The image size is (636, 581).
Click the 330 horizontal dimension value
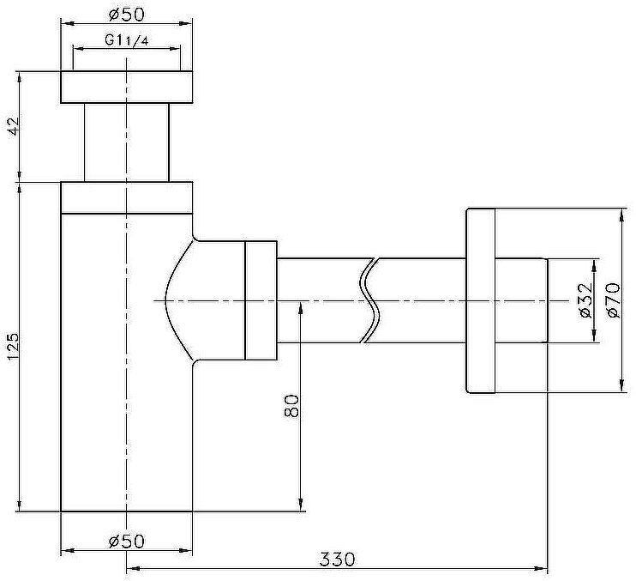(x=337, y=559)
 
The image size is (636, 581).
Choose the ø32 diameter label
(x=585, y=300)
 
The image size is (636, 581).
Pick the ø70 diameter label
(x=612, y=300)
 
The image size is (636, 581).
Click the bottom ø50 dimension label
(x=127, y=541)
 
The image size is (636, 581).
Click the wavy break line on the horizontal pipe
(x=370, y=300)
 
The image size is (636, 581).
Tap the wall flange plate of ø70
(x=480, y=300)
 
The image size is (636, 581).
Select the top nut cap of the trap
(x=127, y=88)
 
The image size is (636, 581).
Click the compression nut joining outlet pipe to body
(x=261, y=300)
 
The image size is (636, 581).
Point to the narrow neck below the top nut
(x=127, y=142)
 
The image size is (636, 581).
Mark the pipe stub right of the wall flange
(x=521, y=300)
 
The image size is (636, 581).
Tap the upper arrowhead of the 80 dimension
(x=301, y=307)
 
